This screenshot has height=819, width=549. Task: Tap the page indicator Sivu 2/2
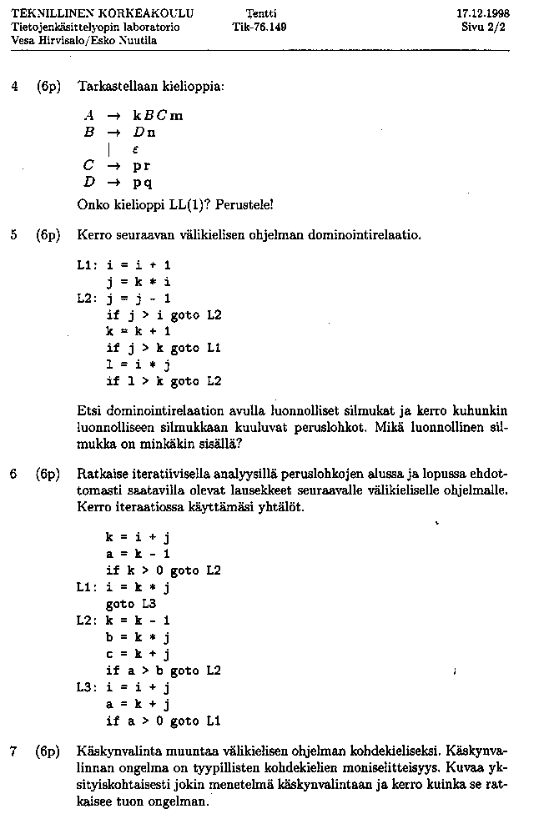point(489,27)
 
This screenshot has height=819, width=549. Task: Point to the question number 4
point(15,86)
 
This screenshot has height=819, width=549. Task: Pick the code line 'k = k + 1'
point(139,331)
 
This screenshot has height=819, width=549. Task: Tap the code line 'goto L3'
point(131,603)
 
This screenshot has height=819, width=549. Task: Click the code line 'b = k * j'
point(139,636)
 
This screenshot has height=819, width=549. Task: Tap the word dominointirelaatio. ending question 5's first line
point(360,235)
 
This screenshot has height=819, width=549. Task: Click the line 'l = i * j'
point(139,364)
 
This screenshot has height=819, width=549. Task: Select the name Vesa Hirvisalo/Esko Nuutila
point(84,41)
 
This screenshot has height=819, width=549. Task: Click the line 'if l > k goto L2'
point(164,381)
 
